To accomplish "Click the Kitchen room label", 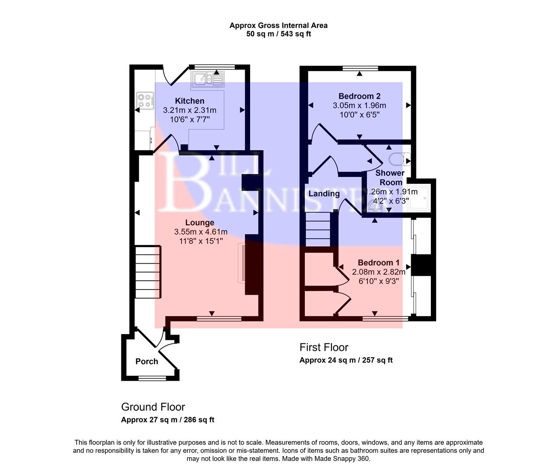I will [190, 101].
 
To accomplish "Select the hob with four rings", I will [145, 100].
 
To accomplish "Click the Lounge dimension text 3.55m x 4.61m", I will [201, 232].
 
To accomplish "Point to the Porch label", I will [147, 361].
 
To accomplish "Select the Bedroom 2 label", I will [359, 96].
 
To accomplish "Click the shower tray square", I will [418, 199].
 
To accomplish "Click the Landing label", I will [324, 194].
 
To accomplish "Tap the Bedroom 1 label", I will [378, 262].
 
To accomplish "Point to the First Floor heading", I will [324, 347].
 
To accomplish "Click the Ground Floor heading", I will [153, 407].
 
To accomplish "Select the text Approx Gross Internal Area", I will [278, 25].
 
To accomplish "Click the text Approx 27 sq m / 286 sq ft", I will [167, 420].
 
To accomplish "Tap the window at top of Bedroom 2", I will [360, 68].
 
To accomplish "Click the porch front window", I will [150, 378].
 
